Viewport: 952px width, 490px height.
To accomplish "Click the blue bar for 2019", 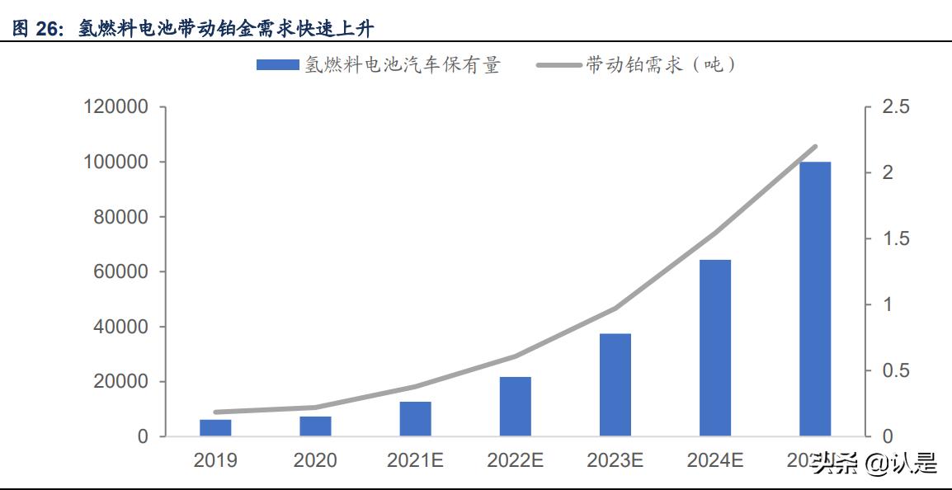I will pyautogui.click(x=215, y=427).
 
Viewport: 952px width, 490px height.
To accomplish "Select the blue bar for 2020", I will pyautogui.click(x=315, y=426).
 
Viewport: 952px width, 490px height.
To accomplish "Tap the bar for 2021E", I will pyautogui.click(x=415, y=418).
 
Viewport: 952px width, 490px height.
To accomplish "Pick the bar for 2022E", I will pyautogui.click(x=515, y=406).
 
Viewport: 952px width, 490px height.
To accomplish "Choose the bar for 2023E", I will pyautogui.click(x=615, y=384).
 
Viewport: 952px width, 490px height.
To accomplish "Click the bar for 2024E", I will pyautogui.click(x=714, y=347).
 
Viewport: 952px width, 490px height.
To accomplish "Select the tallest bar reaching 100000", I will pyautogui.click(x=814, y=299).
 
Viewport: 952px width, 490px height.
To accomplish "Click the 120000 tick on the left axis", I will pyautogui.click(x=115, y=107).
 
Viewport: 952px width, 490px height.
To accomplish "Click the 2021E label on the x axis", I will pyautogui.click(x=415, y=460).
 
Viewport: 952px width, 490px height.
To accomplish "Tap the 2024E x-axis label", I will pyautogui.click(x=714, y=460).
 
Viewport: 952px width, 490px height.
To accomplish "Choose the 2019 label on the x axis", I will pyautogui.click(x=215, y=460).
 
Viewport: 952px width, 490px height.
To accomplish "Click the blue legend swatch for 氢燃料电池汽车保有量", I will pyautogui.click(x=277, y=65).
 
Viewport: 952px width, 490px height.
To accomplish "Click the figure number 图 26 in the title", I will pyautogui.click(x=38, y=30).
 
